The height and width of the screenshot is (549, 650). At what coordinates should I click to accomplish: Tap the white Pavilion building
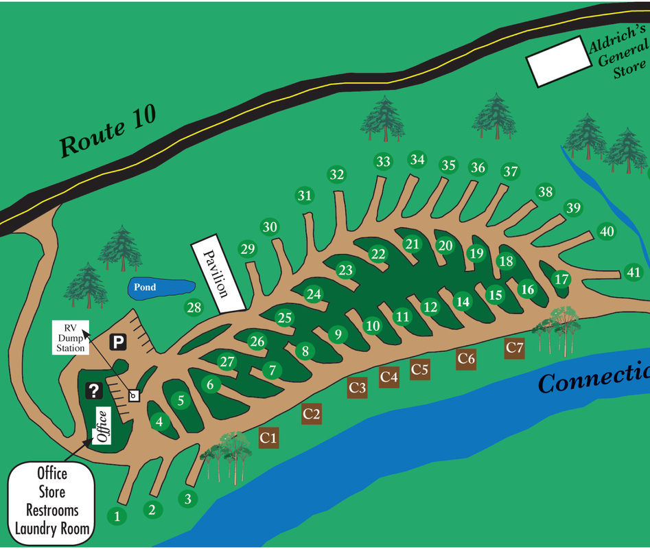pyautogui.click(x=218, y=274)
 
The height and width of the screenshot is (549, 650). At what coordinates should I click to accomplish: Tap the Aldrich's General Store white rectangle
pyautogui.click(x=558, y=61)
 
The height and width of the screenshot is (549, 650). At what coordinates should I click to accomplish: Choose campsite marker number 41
pyautogui.click(x=633, y=272)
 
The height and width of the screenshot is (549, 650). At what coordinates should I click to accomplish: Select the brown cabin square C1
pyautogui.click(x=268, y=437)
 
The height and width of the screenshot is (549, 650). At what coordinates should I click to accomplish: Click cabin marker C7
pyautogui.click(x=515, y=348)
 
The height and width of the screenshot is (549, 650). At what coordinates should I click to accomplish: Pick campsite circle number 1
pyautogui.click(x=117, y=516)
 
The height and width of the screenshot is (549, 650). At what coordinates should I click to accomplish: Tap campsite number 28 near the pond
pyautogui.click(x=194, y=307)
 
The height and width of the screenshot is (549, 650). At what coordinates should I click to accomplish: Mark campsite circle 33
pyautogui.click(x=383, y=162)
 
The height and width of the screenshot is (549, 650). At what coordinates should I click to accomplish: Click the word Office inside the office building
pyautogui.click(x=102, y=426)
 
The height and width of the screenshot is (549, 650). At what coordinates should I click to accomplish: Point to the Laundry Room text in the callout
pyautogui.click(x=52, y=528)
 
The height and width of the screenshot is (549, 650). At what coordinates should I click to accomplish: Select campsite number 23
pyautogui.click(x=345, y=270)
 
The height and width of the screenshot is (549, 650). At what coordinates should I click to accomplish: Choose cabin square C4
pyautogui.click(x=389, y=376)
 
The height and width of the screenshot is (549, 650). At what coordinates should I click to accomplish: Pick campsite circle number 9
pyautogui.click(x=337, y=334)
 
